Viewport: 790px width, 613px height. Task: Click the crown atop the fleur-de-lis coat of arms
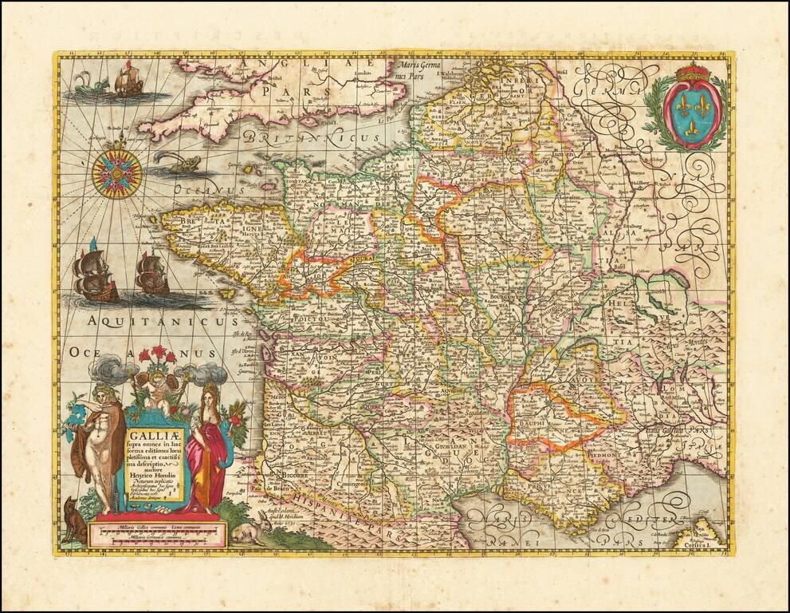692,73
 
